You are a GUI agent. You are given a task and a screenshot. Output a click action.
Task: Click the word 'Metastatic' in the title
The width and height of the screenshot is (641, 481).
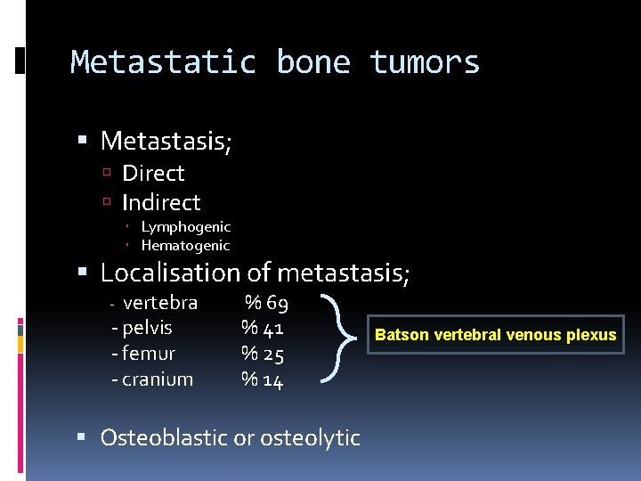pos(163,62)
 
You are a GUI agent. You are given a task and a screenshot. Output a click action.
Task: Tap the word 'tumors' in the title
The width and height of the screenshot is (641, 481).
pos(425,62)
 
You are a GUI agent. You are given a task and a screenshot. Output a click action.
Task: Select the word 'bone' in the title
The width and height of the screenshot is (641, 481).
pos(312,62)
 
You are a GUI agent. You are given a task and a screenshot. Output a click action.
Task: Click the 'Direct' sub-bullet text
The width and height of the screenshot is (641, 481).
pos(153,173)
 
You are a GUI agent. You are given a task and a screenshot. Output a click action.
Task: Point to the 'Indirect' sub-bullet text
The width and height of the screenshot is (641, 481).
pos(161,202)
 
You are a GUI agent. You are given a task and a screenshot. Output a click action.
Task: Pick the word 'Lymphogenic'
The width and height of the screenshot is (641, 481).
pos(185,227)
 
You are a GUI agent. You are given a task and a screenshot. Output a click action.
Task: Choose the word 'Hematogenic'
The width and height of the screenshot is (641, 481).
pos(185,246)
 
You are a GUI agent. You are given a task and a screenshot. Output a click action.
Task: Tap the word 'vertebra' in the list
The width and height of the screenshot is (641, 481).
pos(160,303)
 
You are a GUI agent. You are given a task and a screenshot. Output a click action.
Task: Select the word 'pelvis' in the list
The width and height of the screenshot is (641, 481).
pos(147,328)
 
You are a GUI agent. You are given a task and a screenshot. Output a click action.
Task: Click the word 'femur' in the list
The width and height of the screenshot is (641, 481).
pos(149,354)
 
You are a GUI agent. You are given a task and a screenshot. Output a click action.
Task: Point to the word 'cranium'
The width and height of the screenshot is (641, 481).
pos(157,379)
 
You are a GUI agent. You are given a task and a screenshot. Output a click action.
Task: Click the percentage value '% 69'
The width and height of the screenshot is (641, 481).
pos(266,304)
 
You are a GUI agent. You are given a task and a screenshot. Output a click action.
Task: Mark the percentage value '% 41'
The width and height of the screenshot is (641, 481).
pos(263,329)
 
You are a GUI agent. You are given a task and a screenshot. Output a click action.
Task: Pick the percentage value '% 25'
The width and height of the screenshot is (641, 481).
pos(263,355)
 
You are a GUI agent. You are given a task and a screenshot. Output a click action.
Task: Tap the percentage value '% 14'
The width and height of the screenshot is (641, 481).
pos(263,380)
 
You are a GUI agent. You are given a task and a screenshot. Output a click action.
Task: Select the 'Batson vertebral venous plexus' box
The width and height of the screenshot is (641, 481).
pos(495,335)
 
